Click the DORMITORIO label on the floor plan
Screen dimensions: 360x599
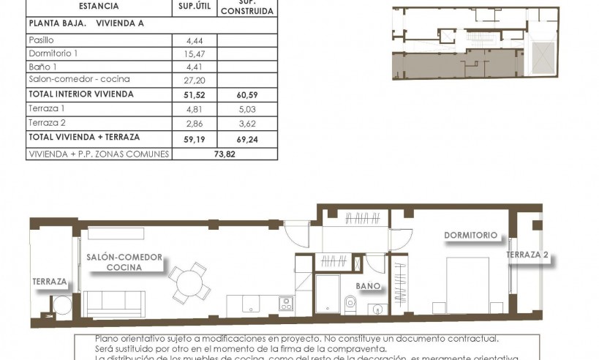(x=470, y=236)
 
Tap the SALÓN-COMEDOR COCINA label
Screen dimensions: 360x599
(x=124, y=263)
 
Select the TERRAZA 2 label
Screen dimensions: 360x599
(x=527, y=256)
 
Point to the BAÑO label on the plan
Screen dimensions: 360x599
(x=368, y=286)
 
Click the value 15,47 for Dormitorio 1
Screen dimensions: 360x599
(x=194, y=53)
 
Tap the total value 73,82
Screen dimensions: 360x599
(x=223, y=154)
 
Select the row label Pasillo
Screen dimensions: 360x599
(x=41, y=40)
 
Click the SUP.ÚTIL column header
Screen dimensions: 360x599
(x=194, y=7)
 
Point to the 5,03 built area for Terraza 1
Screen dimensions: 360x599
(x=246, y=109)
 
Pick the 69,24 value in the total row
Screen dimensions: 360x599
(x=246, y=137)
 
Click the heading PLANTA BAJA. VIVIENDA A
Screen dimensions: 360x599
(x=86, y=23)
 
